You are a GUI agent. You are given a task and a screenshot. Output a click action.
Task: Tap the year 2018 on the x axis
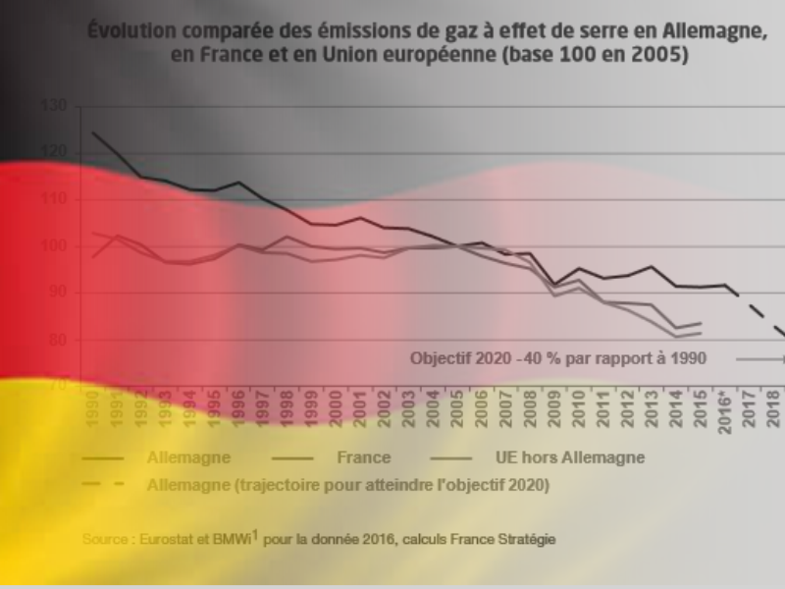click(x=772, y=407)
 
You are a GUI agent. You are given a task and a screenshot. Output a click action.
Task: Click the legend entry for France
click(x=363, y=457)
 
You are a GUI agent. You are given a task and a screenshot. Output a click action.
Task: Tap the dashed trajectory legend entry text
click(x=347, y=484)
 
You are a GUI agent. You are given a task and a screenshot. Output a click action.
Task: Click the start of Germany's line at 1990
click(x=94, y=133)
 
